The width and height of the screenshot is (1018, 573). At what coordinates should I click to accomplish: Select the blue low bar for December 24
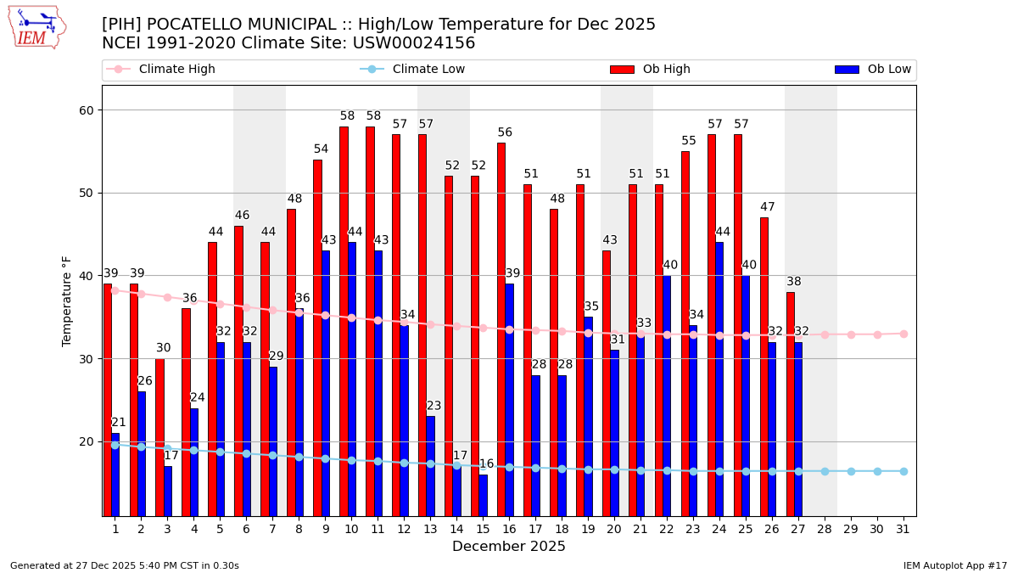719,379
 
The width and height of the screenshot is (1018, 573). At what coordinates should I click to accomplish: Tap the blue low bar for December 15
484,495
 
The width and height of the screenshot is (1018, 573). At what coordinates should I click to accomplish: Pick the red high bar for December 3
159,437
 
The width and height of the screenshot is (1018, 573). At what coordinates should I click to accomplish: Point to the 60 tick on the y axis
89,110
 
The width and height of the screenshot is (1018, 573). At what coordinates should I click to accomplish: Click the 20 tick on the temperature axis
89,441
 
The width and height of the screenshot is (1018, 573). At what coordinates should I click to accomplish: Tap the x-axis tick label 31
903,529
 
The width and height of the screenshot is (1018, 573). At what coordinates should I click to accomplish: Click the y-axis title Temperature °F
67,301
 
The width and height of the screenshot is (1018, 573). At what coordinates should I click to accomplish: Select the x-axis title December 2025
509,547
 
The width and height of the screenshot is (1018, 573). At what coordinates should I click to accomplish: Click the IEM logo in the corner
37,27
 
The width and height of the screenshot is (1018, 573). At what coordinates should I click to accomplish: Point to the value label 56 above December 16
505,133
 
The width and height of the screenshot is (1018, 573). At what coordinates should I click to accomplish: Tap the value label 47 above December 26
768,208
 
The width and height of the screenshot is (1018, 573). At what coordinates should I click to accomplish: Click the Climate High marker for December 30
877,334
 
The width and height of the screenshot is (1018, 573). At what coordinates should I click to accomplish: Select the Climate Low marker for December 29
851,471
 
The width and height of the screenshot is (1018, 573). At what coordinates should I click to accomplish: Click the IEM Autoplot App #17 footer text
955,565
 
